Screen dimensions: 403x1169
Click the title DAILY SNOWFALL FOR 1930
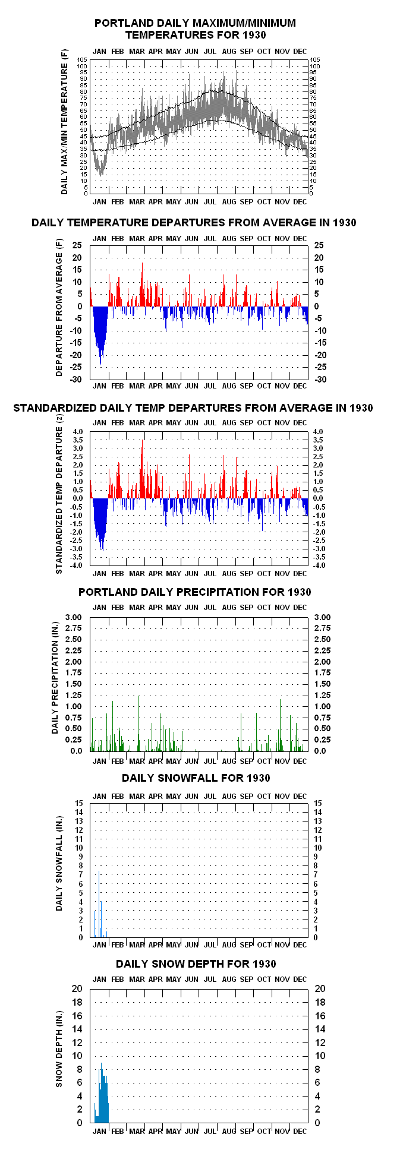(x=196, y=778)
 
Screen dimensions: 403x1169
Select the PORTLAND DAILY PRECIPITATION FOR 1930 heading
(x=195, y=592)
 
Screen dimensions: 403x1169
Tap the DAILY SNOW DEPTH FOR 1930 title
(x=196, y=963)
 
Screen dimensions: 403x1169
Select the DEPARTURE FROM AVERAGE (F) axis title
(x=59, y=308)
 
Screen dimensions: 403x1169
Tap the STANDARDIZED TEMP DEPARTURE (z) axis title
(x=59, y=494)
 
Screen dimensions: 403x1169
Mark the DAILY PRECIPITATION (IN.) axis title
(x=55, y=683)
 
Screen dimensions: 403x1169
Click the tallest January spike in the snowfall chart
(x=99, y=903)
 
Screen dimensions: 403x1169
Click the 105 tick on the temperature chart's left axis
(x=83, y=60)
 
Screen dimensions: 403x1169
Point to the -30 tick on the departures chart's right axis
(x=320, y=380)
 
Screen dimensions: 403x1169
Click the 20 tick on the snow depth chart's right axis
(x=320, y=988)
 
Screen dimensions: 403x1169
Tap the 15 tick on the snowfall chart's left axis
(x=79, y=803)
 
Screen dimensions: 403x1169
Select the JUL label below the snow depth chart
(x=210, y=1131)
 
